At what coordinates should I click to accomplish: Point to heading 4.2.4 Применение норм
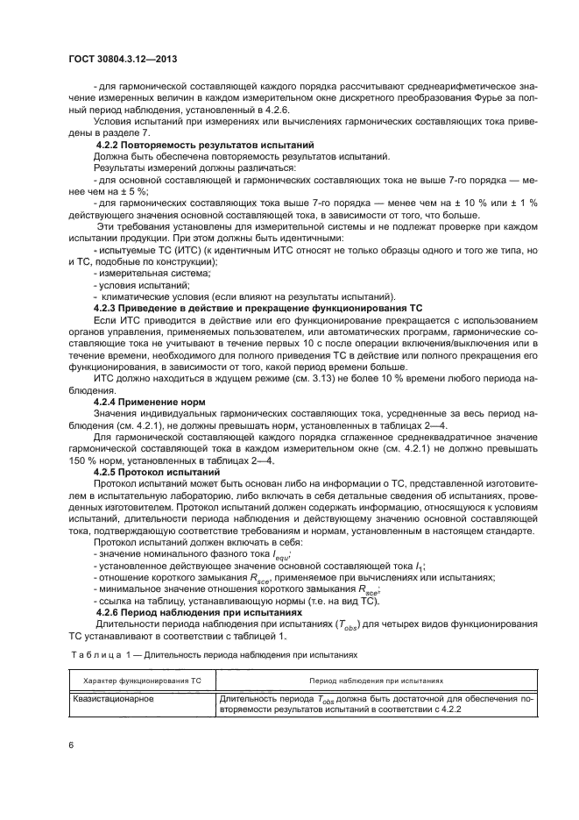click(x=150, y=402)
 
